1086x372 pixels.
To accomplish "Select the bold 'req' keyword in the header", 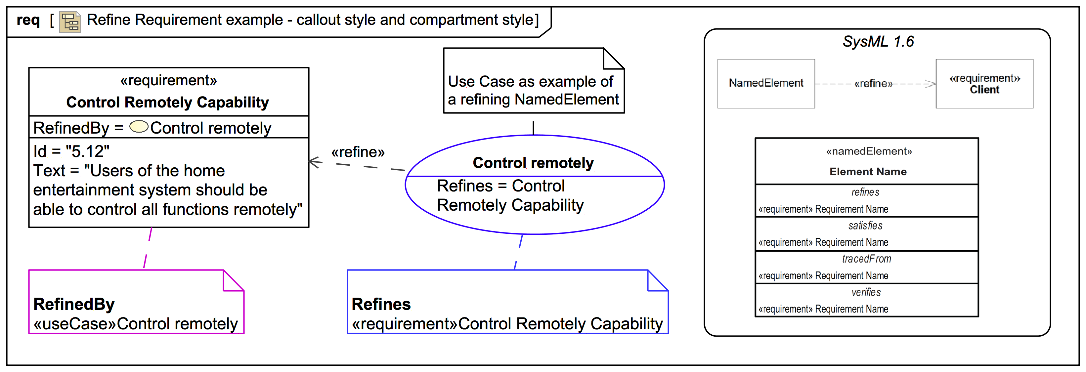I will (28, 20).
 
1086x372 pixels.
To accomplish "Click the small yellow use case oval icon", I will (139, 126).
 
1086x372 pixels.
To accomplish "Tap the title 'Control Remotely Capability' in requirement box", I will (167, 103).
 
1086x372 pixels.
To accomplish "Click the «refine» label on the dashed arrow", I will (358, 152).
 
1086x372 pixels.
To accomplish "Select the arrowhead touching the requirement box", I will (314, 162).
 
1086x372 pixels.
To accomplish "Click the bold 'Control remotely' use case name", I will (533, 163).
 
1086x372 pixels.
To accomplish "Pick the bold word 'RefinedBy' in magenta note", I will (74, 304).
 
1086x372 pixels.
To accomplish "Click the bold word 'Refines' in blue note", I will (381, 304).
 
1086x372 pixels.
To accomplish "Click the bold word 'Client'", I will (984, 90).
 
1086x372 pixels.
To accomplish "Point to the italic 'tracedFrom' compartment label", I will (866, 259).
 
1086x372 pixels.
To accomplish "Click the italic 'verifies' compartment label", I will (866, 292).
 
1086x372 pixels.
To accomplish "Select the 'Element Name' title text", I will (868, 172).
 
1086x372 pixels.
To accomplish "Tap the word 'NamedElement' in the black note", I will (567, 100).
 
